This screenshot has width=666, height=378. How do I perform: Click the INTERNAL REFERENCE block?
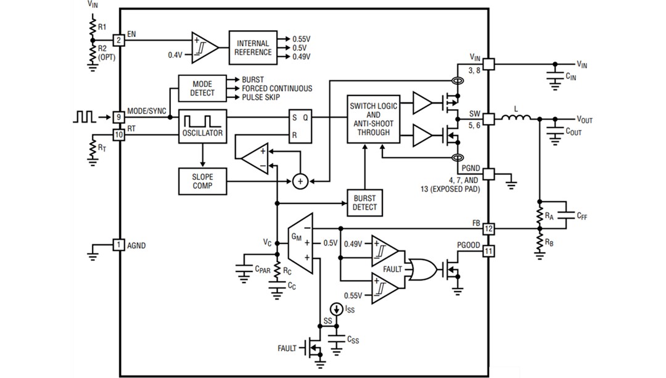pos(253,47)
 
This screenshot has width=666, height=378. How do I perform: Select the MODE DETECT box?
pos(202,88)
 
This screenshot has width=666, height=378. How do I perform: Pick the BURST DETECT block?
pos(364,203)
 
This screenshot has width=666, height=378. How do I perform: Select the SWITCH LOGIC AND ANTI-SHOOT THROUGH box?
pos(374,119)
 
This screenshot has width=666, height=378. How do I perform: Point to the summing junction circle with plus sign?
pos(300,181)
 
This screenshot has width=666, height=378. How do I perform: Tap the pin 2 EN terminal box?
pos(119,39)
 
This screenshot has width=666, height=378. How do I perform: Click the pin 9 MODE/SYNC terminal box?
pos(119,117)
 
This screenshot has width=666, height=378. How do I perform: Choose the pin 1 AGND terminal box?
pos(119,245)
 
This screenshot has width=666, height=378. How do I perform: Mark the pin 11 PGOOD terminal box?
pos(488,251)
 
